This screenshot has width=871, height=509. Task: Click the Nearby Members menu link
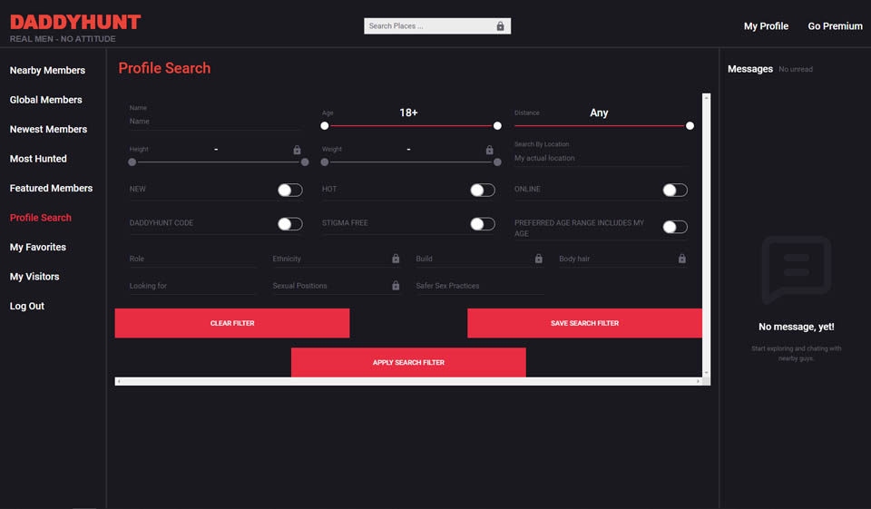(x=47, y=71)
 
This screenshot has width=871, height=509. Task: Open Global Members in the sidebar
(x=46, y=100)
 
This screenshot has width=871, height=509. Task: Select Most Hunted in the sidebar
(x=38, y=159)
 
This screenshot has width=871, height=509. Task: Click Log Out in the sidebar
(x=27, y=306)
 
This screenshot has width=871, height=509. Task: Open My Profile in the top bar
(x=766, y=26)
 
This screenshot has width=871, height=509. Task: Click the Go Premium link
(x=835, y=26)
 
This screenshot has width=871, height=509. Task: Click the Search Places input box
(x=427, y=26)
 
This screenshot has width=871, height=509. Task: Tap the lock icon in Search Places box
(x=500, y=26)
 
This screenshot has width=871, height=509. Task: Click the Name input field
(x=214, y=121)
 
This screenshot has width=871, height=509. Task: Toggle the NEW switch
(x=289, y=190)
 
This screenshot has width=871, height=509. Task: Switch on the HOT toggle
(x=482, y=190)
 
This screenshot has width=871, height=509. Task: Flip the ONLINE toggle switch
(x=674, y=190)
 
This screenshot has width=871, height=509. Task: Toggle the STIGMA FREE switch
(x=482, y=224)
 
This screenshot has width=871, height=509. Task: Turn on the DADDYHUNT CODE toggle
(x=289, y=224)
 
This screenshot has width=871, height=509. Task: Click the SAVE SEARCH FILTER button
(x=584, y=323)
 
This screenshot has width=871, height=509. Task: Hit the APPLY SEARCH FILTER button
(x=408, y=362)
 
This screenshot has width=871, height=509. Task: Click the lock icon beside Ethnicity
(x=396, y=259)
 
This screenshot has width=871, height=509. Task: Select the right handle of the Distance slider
(x=690, y=126)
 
